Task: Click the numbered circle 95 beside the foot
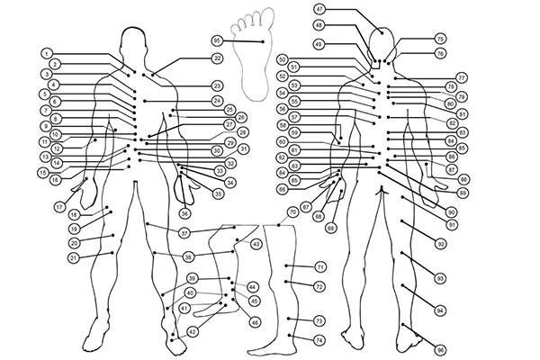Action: click(217, 40)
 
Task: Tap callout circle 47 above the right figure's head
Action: click(319, 8)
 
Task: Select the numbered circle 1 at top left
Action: click(47, 53)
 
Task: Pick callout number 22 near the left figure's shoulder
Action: click(217, 58)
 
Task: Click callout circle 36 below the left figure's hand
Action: click(184, 214)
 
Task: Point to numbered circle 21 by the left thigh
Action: click(74, 257)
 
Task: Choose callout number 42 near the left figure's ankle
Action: click(192, 332)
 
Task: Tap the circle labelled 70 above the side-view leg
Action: click(292, 212)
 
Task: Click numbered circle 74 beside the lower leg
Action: click(319, 339)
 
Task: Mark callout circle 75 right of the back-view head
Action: click(440, 40)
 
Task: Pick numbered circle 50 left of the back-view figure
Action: click(282, 59)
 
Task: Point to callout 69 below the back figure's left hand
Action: click(330, 229)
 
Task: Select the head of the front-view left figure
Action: click(132, 41)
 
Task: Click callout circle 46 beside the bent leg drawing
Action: click(255, 321)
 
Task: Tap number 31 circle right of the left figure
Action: click(244, 148)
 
